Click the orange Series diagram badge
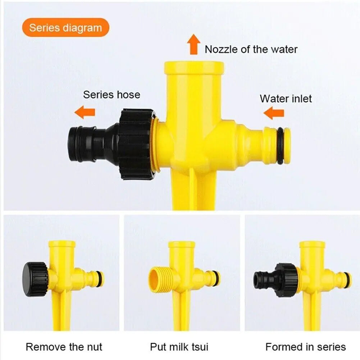(65, 28)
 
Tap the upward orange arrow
(193, 44)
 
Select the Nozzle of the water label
(251, 49)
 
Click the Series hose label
(111, 95)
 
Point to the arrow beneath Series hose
(85, 112)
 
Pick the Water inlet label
(286, 98)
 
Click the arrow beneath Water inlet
(274, 114)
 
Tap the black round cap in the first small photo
(35, 278)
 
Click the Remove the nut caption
(64, 347)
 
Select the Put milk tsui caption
(179, 347)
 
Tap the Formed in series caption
(306, 347)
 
